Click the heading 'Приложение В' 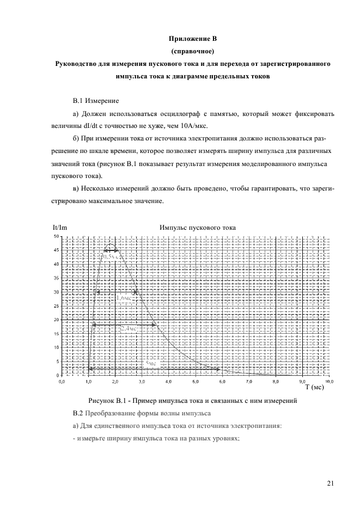pyautogui.click(x=193, y=40)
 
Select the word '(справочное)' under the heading pyautogui.click(x=193, y=52)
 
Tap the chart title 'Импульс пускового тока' pyautogui.click(x=197, y=228)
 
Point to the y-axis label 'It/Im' pyautogui.click(x=59, y=228)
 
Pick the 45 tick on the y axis pyautogui.click(x=56, y=250)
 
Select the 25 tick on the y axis pyautogui.click(x=56, y=306)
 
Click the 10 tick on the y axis pyautogui.click(x=56, y=347)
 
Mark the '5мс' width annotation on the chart pyautogui.click(x=150, y=363)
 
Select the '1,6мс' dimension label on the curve pyautogui.click(x=123, y=298)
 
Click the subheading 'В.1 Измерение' pyautogui.click(x=96, y=101)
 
